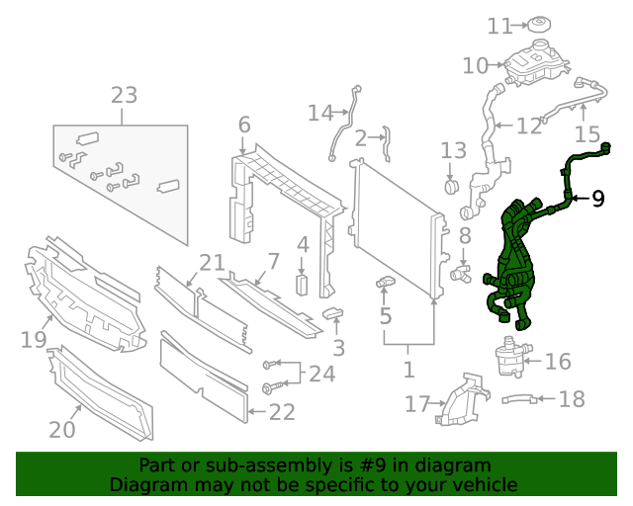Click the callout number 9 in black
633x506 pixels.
pos(597,199)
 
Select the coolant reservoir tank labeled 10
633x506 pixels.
pos(537,64)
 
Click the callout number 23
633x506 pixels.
pos(124,96)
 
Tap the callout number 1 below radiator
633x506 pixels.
pos(408,371)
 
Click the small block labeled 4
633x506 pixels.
pos(303,285)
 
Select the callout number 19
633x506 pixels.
pos(34,341)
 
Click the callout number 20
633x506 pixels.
pos(62,430)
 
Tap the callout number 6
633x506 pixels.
pos(244,126)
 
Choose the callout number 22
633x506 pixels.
pos(282,412)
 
